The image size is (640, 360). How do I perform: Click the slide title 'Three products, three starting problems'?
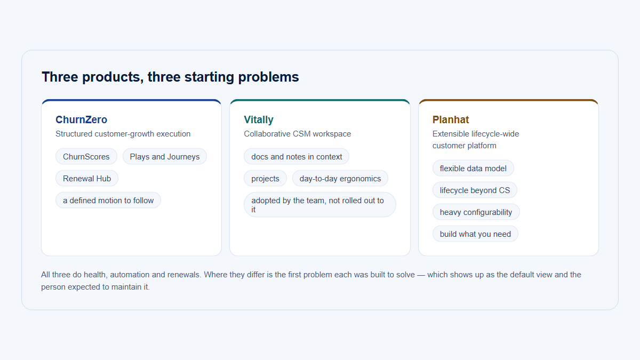(170, 77)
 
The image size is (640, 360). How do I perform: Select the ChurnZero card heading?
(81, 119)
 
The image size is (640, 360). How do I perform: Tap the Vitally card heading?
(259, 119)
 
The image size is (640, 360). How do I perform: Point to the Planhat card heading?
(451, 119)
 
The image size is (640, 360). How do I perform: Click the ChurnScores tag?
(86, 157)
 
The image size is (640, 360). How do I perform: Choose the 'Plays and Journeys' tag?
(165, 157)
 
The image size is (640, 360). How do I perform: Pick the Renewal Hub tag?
(87, 179)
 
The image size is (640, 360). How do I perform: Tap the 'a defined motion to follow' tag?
(108, 201)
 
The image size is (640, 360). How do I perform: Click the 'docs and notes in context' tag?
(297, 157)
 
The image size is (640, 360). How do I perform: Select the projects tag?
(265, 179)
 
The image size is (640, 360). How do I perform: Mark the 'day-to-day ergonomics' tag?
(340, 179)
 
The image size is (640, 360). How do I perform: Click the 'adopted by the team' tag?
(319, 205)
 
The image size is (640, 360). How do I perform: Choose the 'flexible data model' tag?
(473, 169)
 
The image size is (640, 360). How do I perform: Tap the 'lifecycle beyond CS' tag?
(475, 190)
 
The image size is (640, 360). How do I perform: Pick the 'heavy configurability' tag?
(476, 212)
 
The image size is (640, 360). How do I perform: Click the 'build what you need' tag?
(475, 234)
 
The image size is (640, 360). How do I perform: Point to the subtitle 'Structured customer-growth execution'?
(123, 134)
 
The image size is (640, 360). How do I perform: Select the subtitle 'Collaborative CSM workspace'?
(298, 134)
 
